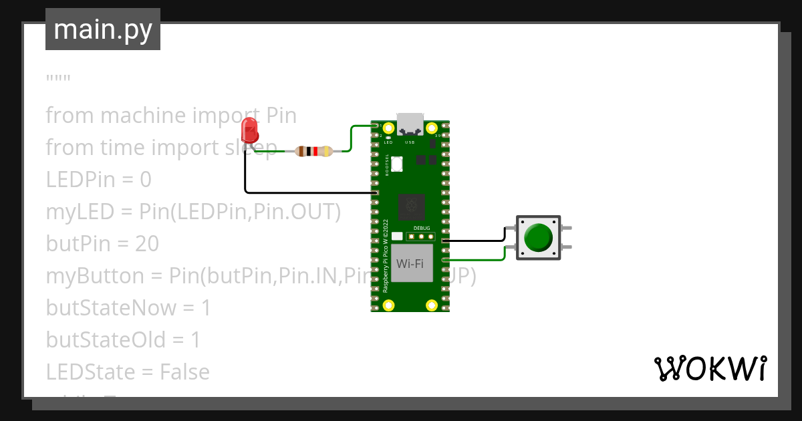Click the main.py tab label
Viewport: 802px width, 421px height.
102,29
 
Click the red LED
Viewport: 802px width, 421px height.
249,130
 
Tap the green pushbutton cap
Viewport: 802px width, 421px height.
538,237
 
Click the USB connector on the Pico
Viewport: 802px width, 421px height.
410,124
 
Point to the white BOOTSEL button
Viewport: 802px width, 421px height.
397,163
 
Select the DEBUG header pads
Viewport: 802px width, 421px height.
421,236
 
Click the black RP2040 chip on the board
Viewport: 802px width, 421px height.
411,206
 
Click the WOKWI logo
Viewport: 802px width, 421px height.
710,368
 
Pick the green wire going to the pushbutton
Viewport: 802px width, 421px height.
475,259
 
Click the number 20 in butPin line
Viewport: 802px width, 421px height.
146,244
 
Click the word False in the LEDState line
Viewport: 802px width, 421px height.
184,372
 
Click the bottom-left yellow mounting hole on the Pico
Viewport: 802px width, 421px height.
389,305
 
